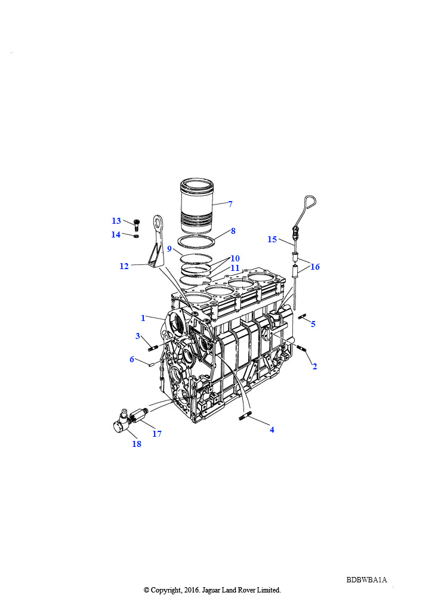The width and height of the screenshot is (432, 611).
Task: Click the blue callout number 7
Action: (x=230, y=204)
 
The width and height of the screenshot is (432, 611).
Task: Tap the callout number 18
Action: (x=137, y=444)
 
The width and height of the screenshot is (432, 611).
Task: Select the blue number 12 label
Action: (x=124, y=266)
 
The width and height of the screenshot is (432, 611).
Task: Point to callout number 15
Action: (x=272, y=239)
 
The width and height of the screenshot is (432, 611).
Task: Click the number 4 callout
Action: (x=272, y=430)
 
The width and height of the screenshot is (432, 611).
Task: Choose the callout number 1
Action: (x=143, y=318)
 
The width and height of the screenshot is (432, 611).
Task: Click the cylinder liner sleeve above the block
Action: (x=197, y=206)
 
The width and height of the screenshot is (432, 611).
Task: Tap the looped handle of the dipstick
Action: (x=310, y=203)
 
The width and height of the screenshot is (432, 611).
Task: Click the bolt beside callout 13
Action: (x=136, y=225)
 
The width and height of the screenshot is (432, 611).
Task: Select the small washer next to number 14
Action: (x=136, y=236)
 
